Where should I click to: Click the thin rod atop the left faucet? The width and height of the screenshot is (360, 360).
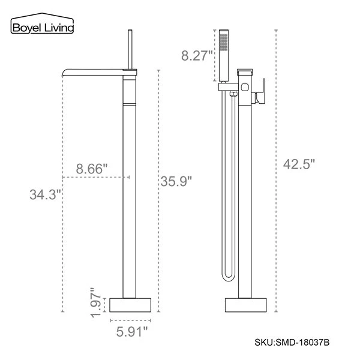click(x=131, y=48)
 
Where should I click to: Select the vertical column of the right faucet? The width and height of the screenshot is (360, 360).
click(x=244, y=198)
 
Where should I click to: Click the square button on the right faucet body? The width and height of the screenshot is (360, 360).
click(x=244, y=86)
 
